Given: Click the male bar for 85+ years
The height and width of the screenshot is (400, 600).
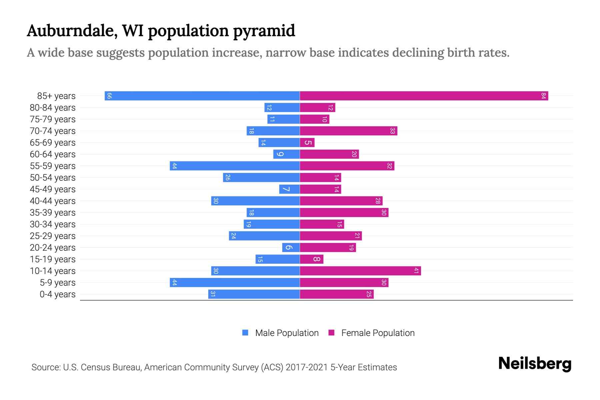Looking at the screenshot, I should coord(202,96).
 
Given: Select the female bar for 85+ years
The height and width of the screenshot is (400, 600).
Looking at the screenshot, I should coord(424,96).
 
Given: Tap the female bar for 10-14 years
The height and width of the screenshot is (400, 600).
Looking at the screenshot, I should coord(360,271).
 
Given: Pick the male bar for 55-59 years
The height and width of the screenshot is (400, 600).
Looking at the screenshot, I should coord(235,166).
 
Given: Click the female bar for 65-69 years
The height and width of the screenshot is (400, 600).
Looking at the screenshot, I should coord(307,143).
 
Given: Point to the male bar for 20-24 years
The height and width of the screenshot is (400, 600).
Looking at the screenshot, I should coord(291,248).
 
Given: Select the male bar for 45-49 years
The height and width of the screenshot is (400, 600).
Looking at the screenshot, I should coord(289,189).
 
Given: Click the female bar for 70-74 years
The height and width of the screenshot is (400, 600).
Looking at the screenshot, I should coord(348,131).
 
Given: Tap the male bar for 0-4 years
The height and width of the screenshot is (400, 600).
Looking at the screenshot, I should coord(254,294).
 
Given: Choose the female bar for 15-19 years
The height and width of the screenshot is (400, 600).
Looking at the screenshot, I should coord(311,259).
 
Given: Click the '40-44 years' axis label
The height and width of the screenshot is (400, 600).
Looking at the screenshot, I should coord(53,201).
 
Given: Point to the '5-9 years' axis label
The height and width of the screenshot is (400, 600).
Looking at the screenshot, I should coord(57,283).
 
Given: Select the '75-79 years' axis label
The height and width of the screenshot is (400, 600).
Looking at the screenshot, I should coord(53,119).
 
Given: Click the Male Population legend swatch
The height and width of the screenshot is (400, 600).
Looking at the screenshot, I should coord(245,333).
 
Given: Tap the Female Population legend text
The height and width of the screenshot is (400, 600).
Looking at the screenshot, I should coord(378,333).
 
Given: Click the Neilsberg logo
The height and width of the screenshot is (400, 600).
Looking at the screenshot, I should coord(535,364).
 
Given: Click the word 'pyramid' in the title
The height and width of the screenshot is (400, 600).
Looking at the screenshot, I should coord(264,31).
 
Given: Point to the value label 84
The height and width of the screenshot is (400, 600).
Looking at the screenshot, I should coord(543,96).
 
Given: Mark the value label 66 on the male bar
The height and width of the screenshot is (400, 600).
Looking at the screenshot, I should coord(109,96).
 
